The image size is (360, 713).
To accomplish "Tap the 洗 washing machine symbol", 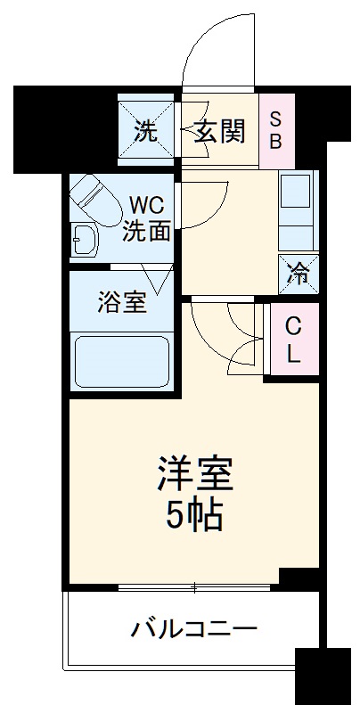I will coord(145,132).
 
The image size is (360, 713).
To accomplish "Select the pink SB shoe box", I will coord(275,130).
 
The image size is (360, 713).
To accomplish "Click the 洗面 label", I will coord(148,232).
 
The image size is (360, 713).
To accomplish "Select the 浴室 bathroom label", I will coord(121,301).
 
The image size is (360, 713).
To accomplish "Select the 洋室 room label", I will coord(194,476).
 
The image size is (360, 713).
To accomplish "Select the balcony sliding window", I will coord(194,588).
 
